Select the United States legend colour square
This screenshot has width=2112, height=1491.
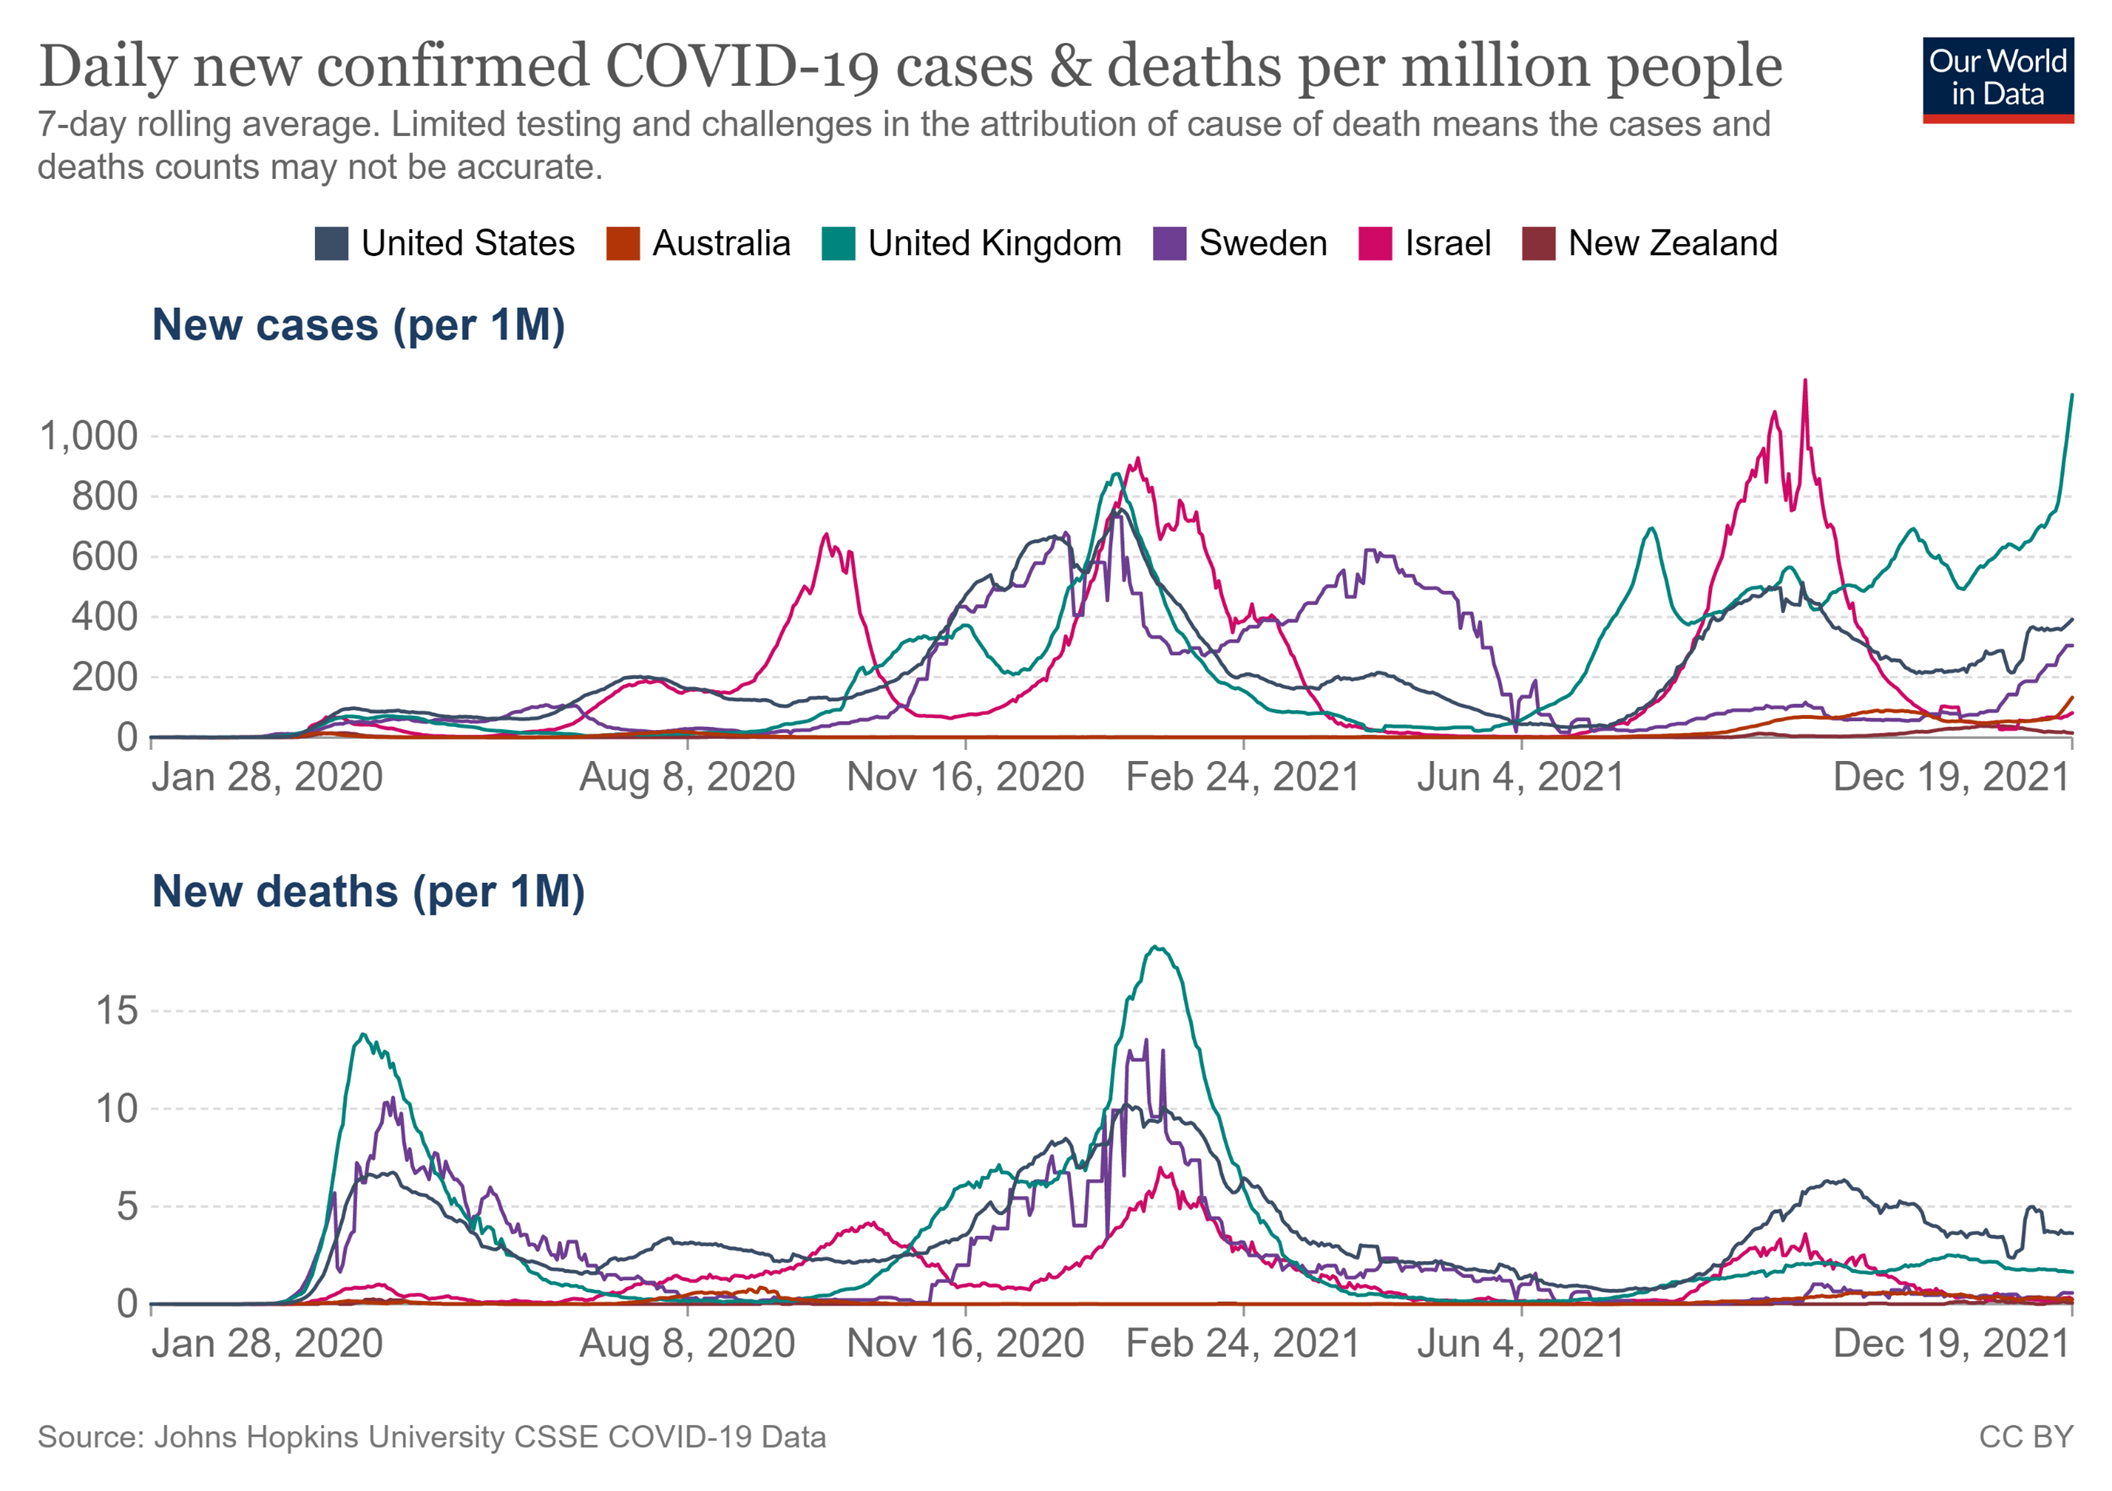point(331,244)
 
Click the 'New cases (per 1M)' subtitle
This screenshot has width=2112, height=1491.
point(358,326)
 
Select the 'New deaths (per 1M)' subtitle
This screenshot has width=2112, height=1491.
point(368,891)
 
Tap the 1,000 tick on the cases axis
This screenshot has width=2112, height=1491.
point(87,436)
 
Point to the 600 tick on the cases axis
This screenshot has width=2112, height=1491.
point(104,557)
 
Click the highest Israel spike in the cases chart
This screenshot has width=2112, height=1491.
point(1805,381)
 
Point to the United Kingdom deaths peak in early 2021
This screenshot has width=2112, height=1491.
point(1157,947)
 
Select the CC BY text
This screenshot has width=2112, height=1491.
point(2026,1437)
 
